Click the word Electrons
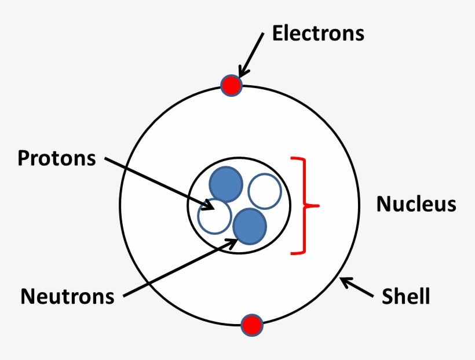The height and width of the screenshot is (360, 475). (318, 34)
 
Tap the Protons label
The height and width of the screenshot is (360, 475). (57, 158)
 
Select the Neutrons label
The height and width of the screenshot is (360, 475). (68, 296)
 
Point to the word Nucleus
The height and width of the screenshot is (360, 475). (416, 204)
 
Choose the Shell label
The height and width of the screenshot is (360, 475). (405, 296)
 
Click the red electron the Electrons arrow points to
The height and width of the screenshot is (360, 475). (231, 86)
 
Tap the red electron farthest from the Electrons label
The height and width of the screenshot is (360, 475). (252, 325)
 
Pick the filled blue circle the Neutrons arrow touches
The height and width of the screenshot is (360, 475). (250, 226)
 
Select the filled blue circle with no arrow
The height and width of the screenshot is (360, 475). (225, 184)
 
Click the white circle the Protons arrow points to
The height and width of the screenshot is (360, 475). (214, 216)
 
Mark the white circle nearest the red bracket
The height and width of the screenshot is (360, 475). (264, 191)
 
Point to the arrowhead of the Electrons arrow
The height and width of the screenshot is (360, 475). (242, 74)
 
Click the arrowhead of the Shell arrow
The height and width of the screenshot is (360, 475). (344, 282)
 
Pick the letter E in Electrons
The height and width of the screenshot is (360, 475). (278, 34)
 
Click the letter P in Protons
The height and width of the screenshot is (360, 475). (23, 158)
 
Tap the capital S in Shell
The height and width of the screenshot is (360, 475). (387, 296)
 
